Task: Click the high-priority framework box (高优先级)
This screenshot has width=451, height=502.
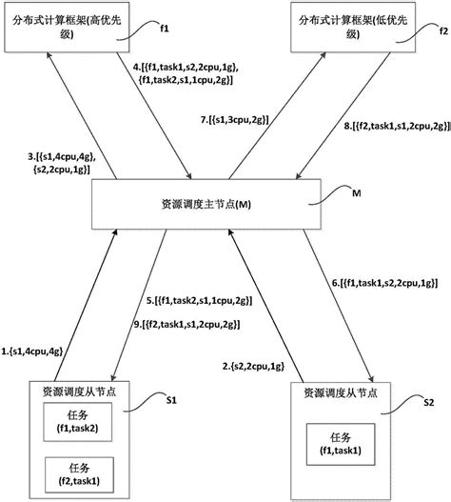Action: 67,27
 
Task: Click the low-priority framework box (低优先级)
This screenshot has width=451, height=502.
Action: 353,27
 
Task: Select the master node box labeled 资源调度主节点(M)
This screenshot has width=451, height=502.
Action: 206,204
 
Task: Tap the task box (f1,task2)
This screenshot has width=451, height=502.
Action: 78,422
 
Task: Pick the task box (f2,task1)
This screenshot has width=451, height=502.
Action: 79,474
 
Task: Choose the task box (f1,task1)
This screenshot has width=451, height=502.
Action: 341,444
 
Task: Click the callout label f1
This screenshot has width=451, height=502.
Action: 164,29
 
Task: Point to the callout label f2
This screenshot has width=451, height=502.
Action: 443,31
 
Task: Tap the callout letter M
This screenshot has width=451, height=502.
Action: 356,193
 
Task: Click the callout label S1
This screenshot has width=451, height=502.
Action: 171,400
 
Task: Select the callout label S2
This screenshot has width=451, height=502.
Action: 428,402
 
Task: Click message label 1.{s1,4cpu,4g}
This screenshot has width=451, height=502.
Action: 32,351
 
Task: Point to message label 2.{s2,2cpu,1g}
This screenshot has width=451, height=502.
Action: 253,366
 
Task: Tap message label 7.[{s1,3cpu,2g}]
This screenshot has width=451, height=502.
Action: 235,120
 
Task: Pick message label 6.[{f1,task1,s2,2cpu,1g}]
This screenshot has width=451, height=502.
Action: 384,283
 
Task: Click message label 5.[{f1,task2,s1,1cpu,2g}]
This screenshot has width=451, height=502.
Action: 200,301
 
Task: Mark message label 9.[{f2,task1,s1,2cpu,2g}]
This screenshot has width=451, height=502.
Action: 186,325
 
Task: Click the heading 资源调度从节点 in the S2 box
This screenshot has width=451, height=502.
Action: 341,392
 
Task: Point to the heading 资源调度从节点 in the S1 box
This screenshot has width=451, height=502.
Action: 79,392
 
